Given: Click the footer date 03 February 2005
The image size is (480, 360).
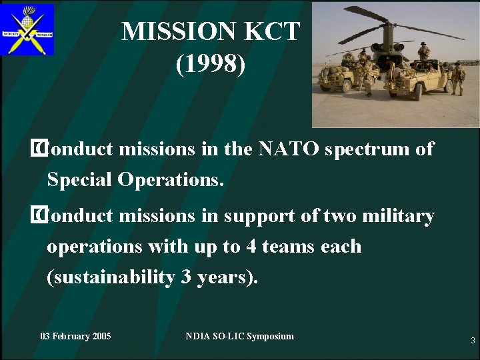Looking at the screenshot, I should click(x=75, y=336).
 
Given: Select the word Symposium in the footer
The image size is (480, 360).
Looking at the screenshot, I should click(x=266, y=336).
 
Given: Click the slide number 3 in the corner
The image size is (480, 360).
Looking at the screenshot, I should click(x=472, y=341).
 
